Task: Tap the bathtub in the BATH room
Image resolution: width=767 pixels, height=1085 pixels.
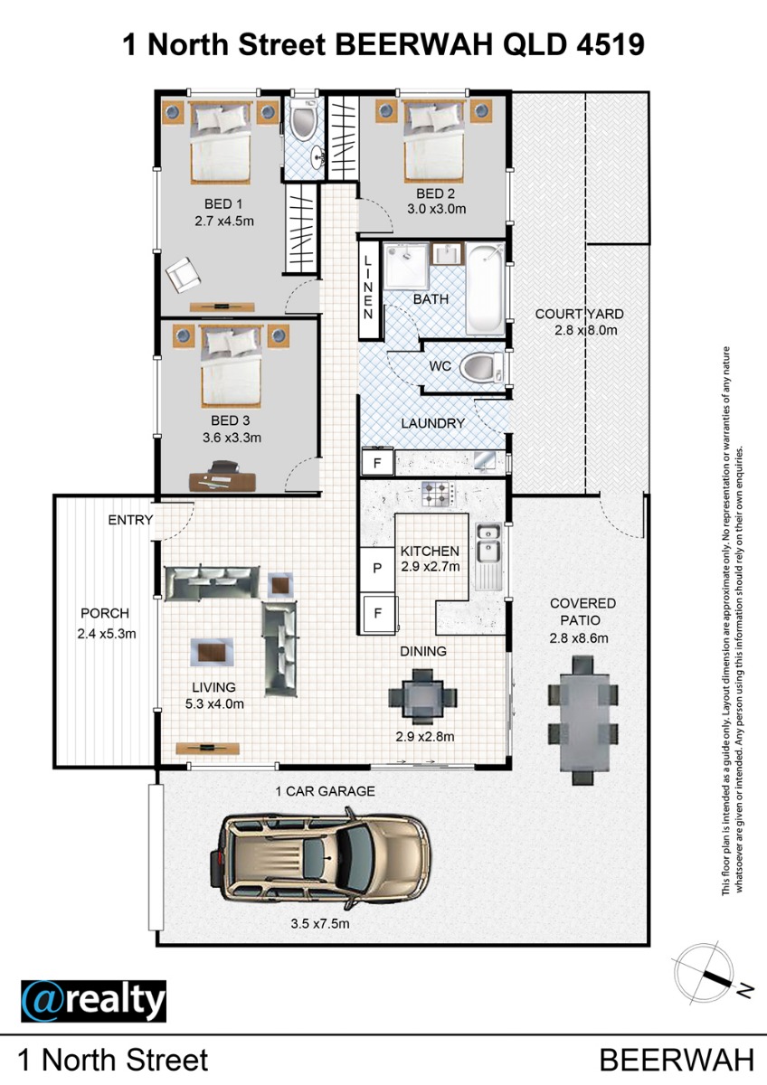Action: coord(486,289)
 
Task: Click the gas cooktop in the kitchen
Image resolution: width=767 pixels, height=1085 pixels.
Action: coord(439,494)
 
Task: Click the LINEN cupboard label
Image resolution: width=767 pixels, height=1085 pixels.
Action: coord(368,288)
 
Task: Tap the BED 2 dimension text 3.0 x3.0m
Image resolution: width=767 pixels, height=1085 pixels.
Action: coord(436,209)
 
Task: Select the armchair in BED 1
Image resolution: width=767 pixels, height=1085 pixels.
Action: coord(183,275)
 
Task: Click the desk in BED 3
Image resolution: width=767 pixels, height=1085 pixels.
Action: coord(223,481)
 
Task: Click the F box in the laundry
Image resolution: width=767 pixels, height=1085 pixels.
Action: coord(377,464)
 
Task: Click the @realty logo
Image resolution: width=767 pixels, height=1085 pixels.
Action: coord(93,1001)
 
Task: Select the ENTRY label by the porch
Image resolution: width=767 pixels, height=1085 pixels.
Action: coord(130,520)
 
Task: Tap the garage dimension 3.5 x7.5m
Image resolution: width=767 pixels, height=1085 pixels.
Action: coord(320,924)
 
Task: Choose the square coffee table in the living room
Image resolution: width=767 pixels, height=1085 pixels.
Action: coord(281,586)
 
